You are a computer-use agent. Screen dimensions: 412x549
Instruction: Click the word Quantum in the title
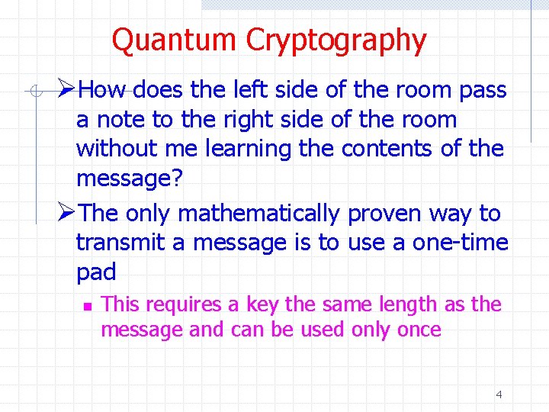[x=175, y=40]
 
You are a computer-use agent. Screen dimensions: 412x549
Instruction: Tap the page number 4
[x=499, y=394]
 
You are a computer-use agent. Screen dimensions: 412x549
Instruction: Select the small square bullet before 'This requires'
[x=87, y=306]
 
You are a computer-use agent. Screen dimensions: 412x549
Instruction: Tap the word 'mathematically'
[x=256, y=214]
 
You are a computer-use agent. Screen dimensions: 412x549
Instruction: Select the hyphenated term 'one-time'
[x=460, y=243]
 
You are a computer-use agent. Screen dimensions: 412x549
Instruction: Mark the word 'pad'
[x=96, y=272]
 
